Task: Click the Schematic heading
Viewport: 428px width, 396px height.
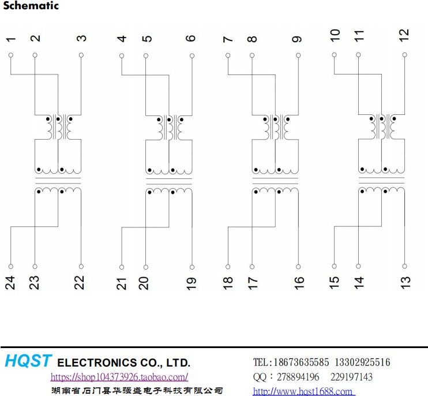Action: coord(30,6)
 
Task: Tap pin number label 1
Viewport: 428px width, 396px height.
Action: coord(11,39)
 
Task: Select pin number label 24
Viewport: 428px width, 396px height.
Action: coord(11,282)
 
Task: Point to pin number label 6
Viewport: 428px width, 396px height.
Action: coord(191,39)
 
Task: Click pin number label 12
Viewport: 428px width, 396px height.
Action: coord(404,35)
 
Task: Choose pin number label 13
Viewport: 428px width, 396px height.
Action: coord(406,282)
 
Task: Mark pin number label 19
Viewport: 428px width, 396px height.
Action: coord(191,283)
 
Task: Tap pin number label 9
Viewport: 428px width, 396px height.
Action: coord(297,39)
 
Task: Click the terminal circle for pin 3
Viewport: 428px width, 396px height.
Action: coord(81,55)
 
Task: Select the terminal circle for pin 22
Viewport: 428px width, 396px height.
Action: coord(81,267)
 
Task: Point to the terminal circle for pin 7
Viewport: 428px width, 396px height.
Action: coord(228,55)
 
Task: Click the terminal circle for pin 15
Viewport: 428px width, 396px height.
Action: coord(335,267)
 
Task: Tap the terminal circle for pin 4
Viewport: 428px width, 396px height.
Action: coord(122,55)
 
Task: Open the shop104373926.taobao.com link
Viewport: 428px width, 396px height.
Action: coord(119,377)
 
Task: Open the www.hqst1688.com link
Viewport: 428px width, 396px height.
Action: coord(303,391)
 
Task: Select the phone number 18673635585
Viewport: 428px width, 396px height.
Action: coord(300,363)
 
